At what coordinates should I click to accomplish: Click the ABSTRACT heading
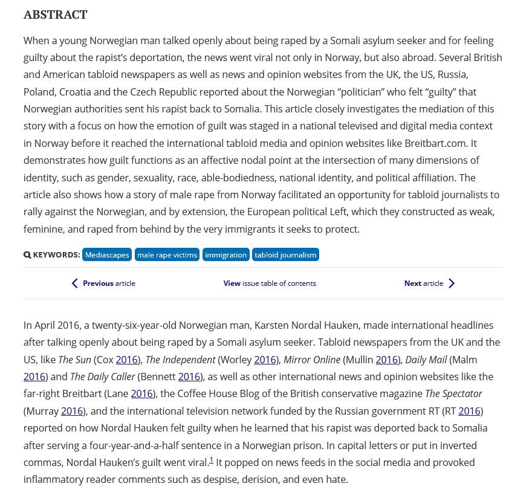point(55,15)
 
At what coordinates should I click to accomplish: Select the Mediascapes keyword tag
point(107,255)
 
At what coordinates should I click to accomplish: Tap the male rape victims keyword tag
point(167,255)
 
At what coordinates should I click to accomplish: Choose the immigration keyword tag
point(225,255)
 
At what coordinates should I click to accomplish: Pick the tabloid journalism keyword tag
point(285,255)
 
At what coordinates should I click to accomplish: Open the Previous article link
point(109,283)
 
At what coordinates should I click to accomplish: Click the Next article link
point(424,283)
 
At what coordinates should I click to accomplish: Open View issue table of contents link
point(270,283)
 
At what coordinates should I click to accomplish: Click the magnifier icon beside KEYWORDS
point(27,255)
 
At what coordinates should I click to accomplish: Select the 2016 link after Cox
point(126,360)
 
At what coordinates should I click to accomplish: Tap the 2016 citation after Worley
point(265,360)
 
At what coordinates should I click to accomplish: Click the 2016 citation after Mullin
point(386,360)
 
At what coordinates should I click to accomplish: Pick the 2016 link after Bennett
point(189,377)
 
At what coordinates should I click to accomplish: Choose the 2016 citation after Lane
point(141,393)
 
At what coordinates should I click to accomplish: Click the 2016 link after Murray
point(72,411)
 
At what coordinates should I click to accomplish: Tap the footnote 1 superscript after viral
point(211,461)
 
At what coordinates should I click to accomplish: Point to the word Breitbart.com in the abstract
point(435,143)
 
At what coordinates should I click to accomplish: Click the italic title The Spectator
point(453,393)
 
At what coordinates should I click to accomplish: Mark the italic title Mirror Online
point(312,360)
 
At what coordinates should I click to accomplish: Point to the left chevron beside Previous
point(74,283)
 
